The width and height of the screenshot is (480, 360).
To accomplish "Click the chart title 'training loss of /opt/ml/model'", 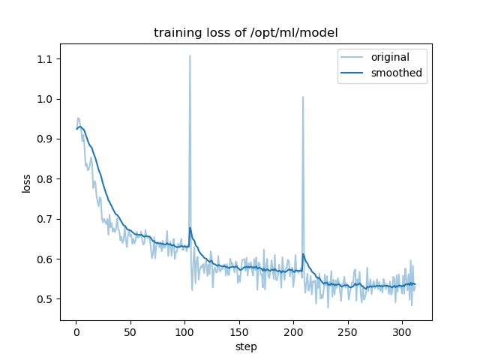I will (x=246, y=33).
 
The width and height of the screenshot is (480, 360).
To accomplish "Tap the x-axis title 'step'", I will (x=246, y=347).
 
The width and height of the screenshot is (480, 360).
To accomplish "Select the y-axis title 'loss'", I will (x=27, y=183).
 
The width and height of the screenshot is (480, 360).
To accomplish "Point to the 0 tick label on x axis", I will (x=76, y=331).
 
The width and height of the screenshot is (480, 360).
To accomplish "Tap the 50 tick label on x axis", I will (x=130, y=331).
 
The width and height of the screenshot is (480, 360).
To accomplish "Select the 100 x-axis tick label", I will (x=184, y=331).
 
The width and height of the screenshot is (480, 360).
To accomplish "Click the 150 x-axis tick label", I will (x=239, y=331).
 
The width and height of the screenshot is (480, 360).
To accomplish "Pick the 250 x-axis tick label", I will (x=348, y=331).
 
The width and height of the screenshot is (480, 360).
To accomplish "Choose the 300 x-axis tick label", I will (x=402, y=331).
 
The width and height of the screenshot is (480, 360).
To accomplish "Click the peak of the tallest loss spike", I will (x=190, y=55).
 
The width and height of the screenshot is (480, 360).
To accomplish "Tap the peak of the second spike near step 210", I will (x=303, y=97).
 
